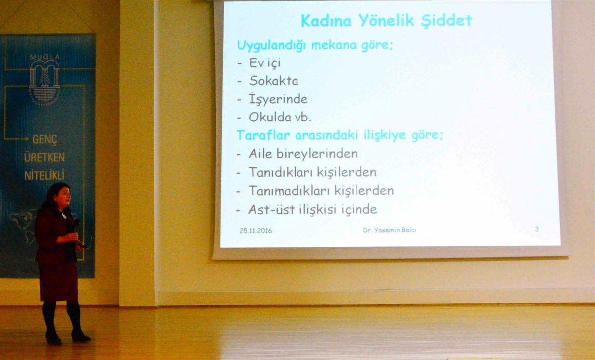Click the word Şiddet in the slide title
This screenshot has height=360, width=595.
click(447, 21)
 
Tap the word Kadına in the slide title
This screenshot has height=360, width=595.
click(326, 21)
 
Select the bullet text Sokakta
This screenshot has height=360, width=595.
click(274, 81)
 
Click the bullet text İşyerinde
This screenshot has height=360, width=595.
click(278, 99)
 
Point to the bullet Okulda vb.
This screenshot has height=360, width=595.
click(280, 117)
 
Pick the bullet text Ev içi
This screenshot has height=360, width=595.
click(265, 63)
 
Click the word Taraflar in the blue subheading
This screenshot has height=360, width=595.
click(263, 135)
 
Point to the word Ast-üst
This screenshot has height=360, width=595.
click(272, 210)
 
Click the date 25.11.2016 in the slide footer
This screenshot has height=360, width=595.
click(255, 231)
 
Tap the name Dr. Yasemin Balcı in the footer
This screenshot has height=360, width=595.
click(389, 230)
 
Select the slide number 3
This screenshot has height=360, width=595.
click(537, 229)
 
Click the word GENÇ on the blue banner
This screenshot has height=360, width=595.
click(45, 139)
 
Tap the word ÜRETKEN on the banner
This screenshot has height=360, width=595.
click(44, 157)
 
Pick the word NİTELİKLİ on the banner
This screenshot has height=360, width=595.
click(44, 175)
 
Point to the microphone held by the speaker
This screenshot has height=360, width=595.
click(76, 225)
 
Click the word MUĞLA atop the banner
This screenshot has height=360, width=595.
click(45, 57)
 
